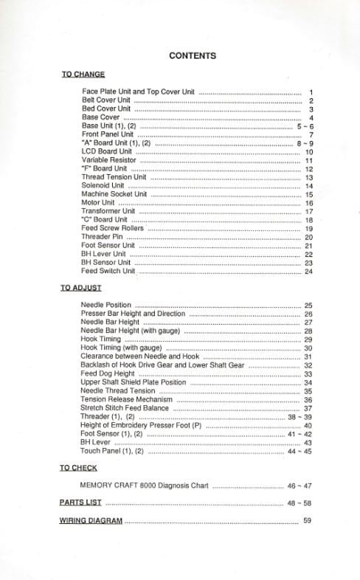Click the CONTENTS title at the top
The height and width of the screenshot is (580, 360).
click(192, 55)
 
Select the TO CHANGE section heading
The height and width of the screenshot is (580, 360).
click(83, 75)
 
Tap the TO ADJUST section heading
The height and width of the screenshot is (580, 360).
click(80, 288)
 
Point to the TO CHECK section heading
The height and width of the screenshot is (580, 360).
click(78, 468)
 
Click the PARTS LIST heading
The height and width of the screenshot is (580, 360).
click(80, 502)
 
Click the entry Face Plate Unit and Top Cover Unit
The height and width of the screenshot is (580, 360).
click(139, 92)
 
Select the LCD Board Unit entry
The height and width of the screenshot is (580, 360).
click(106, 151)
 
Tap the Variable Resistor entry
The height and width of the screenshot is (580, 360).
click(109, 160)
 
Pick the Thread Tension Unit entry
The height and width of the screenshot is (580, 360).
click(114, 177)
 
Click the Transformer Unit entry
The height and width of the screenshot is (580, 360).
click(108, 211)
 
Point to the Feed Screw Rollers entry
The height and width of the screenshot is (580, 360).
click(113, 228)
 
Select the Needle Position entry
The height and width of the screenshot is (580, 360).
click(106, 305)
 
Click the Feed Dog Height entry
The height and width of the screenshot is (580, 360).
click(108, 374)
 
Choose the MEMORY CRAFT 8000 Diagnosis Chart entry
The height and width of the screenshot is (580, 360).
click(145, 486)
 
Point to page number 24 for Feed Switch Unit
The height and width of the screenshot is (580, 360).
click(308, 272)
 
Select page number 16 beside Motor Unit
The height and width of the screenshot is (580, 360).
click(308, 203)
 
